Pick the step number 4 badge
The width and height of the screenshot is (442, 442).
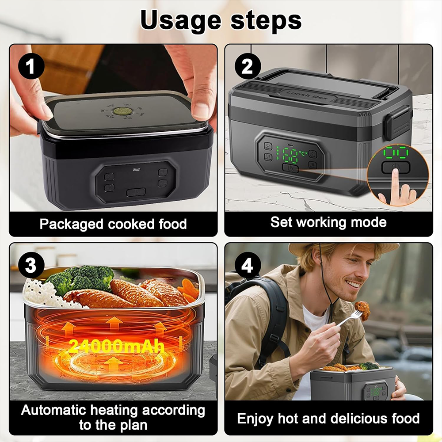point(247,266)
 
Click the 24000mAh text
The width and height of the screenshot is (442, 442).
point(116,345)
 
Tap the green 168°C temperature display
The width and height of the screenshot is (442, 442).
point(290,155)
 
